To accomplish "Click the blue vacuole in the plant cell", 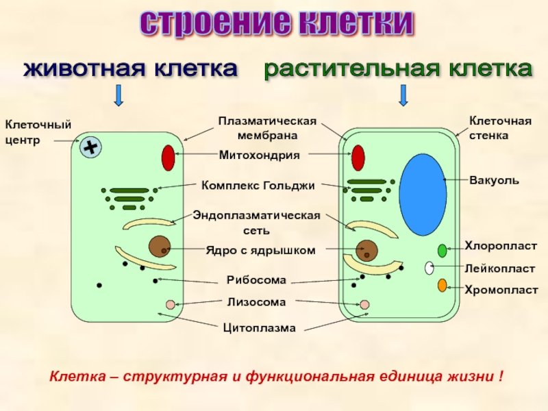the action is (423, 195).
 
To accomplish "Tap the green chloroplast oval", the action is (442, 251).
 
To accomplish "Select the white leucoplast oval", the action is (429, 268).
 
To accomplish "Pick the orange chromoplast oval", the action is (442, 285).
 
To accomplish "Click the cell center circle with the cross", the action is (90, 147).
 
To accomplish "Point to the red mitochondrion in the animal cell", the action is (168, 158).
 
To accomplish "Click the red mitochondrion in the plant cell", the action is (358, 158).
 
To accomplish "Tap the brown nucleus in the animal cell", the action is (160, 247).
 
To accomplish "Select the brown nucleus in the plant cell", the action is (366, 251).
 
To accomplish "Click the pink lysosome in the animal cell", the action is (171, 304).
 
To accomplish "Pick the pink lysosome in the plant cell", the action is (364, 304).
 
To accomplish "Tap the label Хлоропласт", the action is (501, 246).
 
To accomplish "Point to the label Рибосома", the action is (256, 280).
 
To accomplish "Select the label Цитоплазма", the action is (260, 328).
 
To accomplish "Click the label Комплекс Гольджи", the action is (258, 186).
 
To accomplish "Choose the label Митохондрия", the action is (260, 155).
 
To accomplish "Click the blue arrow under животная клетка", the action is (119, 95).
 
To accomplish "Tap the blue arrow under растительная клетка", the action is (403, 95).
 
